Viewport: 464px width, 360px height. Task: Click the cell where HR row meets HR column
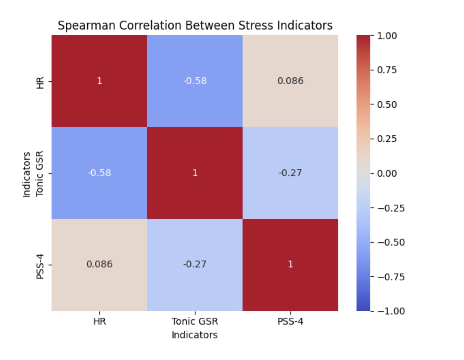click(x=99, y=81)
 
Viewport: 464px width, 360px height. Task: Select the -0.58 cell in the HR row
click(x=195, y=81)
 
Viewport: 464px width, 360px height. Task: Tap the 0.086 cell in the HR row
click(x=290, y=81)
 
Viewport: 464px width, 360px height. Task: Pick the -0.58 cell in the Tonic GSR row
click(x=99, y=173)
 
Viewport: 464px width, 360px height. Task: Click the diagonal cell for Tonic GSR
click(x=195, y=173)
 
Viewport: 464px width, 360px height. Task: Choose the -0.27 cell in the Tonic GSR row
click(x=290, y=173)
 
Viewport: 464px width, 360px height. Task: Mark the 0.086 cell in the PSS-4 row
click(x=99, y=264)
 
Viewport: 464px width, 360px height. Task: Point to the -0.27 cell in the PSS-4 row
click(x=195, y=264)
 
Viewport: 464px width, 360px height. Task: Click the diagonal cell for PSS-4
click(x=290, y=264)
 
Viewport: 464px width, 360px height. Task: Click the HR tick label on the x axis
click(x=99, y=321)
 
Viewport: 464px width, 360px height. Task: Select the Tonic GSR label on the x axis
click(x=195, y=321)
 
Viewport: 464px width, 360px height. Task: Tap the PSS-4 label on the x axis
click(x=290, y=321)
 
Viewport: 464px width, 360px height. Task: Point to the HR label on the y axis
click(x=40, y=82)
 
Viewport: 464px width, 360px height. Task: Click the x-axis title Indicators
click(x=194, y=335)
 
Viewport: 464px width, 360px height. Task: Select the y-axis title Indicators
click(x=27, y=175)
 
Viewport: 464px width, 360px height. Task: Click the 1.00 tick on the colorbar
click(x=387, y=36)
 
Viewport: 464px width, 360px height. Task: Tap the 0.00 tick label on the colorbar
click(x=387, y=173)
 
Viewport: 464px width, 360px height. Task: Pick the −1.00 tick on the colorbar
click(x=391, y=311)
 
